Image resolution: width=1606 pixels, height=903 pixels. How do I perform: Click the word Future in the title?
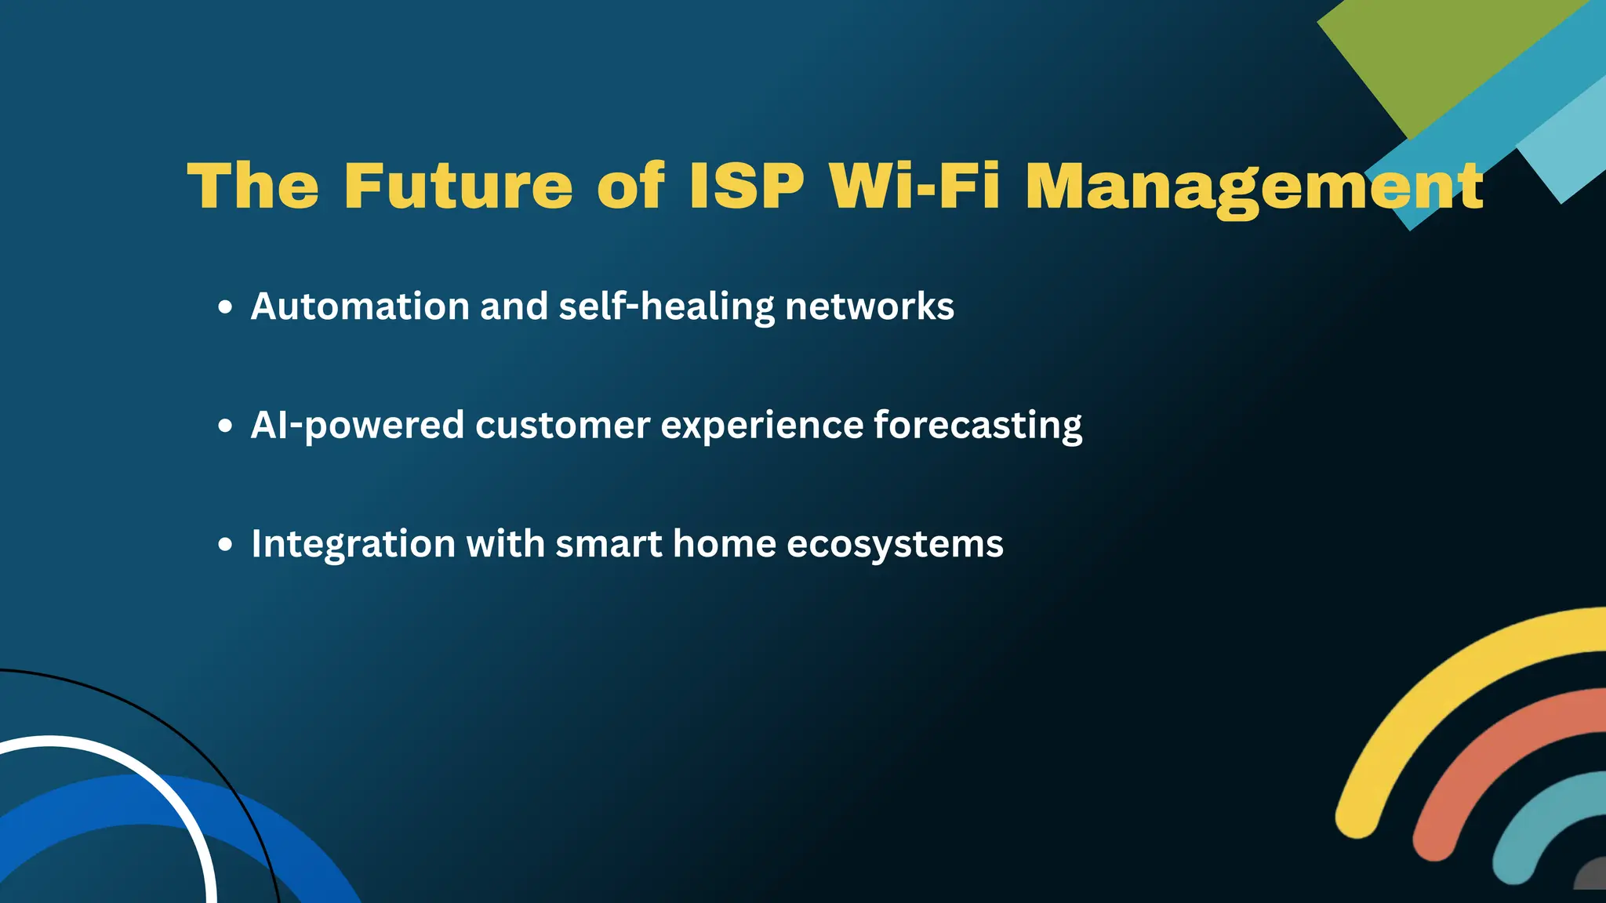459,186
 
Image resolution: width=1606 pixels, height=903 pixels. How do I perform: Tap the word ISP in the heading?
747,186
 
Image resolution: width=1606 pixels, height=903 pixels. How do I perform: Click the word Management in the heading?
1254,188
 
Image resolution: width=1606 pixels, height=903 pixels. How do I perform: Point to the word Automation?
360,306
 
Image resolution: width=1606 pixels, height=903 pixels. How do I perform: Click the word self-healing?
666,306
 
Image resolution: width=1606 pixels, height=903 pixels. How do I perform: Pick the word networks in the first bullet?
869,306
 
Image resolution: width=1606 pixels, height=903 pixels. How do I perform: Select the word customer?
562,426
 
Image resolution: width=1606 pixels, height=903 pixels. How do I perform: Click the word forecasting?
977,426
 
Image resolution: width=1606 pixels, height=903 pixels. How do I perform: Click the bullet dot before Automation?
226,307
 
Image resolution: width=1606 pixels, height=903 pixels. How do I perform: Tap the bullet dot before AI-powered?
226,426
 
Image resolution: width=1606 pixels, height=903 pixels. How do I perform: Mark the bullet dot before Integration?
226,545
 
